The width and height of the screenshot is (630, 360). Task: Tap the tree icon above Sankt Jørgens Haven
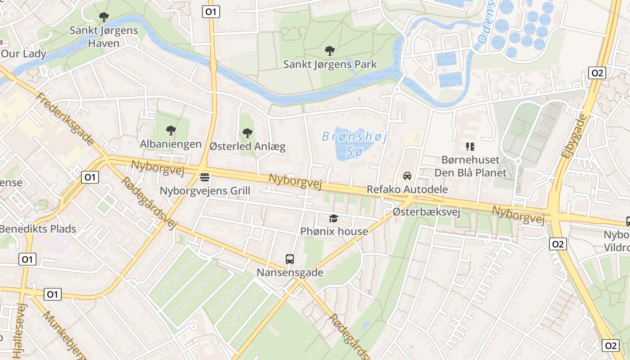click(x=103, y=18)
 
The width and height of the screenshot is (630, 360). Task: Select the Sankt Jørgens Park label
click(x=330, y=64)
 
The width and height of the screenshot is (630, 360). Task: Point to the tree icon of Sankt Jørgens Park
click(x=330, y=51)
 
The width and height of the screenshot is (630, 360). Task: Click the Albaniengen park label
click(x=171, y=144)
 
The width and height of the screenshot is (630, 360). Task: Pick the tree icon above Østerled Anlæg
click(x=247, y=133)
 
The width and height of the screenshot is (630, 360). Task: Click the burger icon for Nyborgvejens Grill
click(x=205, y=177)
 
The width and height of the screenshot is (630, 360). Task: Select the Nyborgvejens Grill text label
click(x=205, y=191)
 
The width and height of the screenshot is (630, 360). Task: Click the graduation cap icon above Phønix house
click(x=333, y=219)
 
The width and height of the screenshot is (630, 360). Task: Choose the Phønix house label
click(x=334, y=231)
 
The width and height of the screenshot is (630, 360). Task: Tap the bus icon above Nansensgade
click(x=290, y=259)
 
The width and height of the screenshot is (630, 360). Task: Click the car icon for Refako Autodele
click(x=407, y=176)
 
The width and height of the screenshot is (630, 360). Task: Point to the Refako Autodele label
click(x=407, y=189)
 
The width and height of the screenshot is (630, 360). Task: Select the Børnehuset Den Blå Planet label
click(x=470, y=166)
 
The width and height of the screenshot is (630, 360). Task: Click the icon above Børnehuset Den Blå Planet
click(x=470, y=146)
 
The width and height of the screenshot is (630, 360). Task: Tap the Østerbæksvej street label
click(x=426, y=212)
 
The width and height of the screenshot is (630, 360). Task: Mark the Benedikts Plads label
click(x=38, y=229)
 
